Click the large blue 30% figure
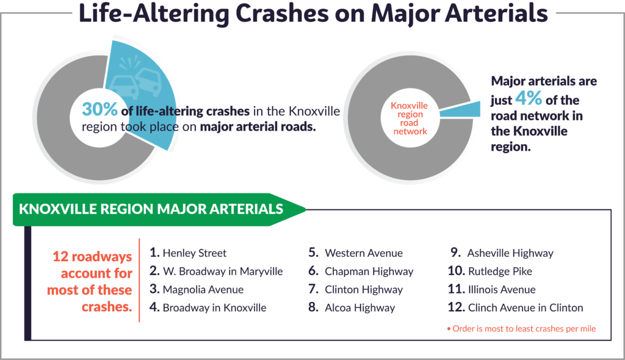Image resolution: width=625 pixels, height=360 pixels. pyautogui.click(x=99, y=109)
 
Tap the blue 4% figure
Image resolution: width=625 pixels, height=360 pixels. pyautogui.click(x=529, y=98)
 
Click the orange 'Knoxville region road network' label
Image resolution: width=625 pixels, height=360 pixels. pyautogui.click(x=410, y=118)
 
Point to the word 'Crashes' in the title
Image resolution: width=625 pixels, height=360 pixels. pyautogui.click(x=282, y=13)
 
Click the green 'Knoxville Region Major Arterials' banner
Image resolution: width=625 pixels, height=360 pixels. pyautogui.click(x=159, y=209)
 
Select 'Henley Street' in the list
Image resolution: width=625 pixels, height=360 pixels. pyautogui.click(x=195, y=253)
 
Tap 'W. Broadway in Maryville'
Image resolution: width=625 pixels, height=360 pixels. pyautogui.click(x=223, y=272)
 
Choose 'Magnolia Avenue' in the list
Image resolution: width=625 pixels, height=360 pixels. pyautogui.click(x=203, y=289)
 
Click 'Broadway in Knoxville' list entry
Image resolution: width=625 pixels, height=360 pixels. pyautogui.click(x=214, y=308)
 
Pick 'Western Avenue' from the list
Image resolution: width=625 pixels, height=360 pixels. pyautogui.click(x=364, y=253)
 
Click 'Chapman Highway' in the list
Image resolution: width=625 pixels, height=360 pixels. pyautogui.click(x=369, y=272)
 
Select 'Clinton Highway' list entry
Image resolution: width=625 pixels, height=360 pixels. pyautogui.click(x=364, y=289)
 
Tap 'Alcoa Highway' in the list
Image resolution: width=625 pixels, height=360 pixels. pyautogui.click(x=360, y=308)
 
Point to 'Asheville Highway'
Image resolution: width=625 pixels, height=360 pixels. pyautogui.click(x=510, y=253)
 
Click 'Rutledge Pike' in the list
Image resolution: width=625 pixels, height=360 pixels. pyautogui.click(x=500, y=272)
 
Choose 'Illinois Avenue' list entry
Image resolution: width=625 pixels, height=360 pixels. pyautogui.click(x=502, y=289)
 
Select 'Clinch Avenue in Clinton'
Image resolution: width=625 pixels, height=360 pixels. pyautogui.click(x=526, y=308)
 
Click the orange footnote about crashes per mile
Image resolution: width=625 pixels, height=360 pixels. pyautogui.click(x=521, y=328)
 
